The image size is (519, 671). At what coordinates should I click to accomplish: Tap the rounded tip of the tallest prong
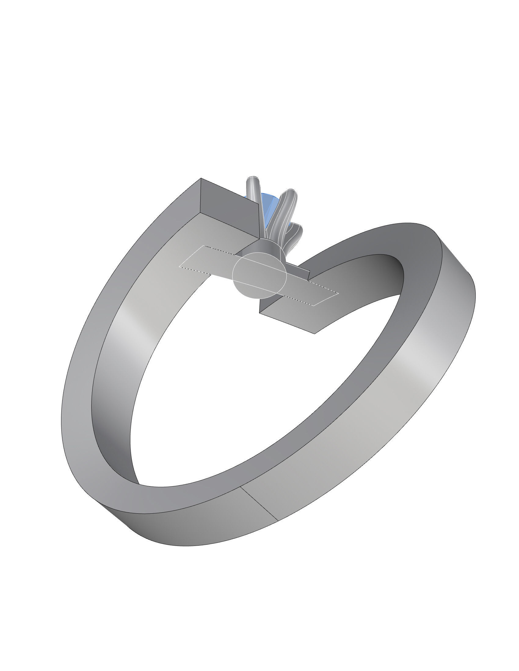click(253, 179)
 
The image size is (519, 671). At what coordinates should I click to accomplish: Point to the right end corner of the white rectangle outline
click(339, 293)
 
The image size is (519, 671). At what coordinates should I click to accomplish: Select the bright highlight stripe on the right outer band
click(415, 363)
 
